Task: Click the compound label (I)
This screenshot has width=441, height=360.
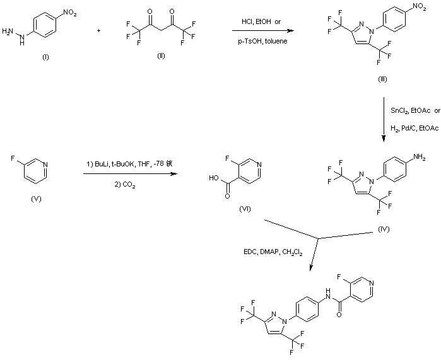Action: point(45,57)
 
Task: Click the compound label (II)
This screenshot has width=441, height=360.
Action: point(161,56)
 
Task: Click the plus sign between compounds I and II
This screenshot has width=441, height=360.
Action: point(99,30)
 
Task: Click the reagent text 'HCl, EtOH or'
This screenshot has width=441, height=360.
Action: point(261,22)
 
